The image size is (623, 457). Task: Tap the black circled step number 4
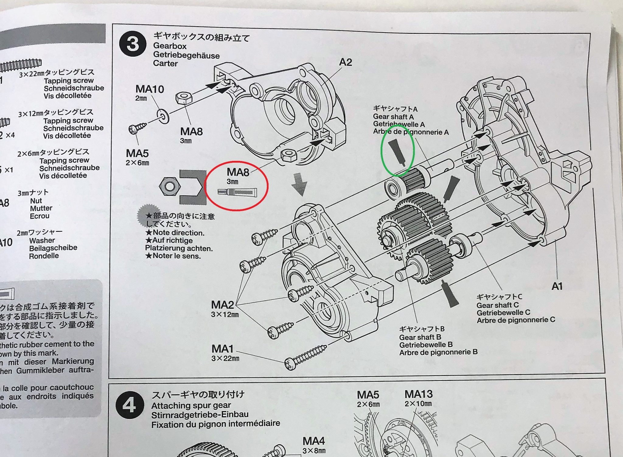click(129, 405)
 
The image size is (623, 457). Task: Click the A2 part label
click(345, 62)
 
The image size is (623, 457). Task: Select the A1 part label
click(557, 286)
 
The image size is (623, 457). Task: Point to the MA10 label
click(150, 89)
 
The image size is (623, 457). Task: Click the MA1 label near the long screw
click(222, 349)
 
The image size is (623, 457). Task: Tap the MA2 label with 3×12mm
click(222, 305)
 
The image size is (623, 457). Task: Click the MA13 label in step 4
click(418, 394)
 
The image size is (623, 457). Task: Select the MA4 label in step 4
click(314, 441)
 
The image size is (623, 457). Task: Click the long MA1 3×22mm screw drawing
click(305, 356)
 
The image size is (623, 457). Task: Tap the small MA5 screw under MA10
click(137, 128)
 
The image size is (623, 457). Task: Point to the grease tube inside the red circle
click(238, 192)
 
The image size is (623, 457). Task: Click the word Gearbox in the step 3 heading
click(170, 46)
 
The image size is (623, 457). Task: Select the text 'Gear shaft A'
click(393, 117)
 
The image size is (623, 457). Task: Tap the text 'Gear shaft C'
click(497, 305)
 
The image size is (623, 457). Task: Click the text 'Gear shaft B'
click(420, 337)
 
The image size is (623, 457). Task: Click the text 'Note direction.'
click(178, 233)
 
